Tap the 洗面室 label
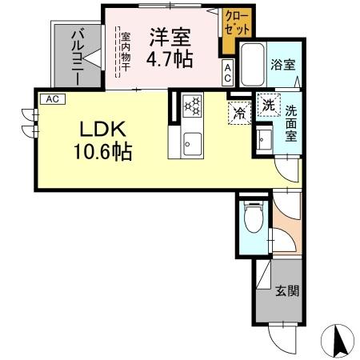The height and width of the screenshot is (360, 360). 292,124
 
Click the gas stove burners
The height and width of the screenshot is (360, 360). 194,106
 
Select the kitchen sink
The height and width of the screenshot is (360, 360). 192,143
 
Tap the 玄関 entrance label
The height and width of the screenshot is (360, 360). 288,291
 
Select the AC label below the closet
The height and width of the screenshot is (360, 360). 227,74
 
